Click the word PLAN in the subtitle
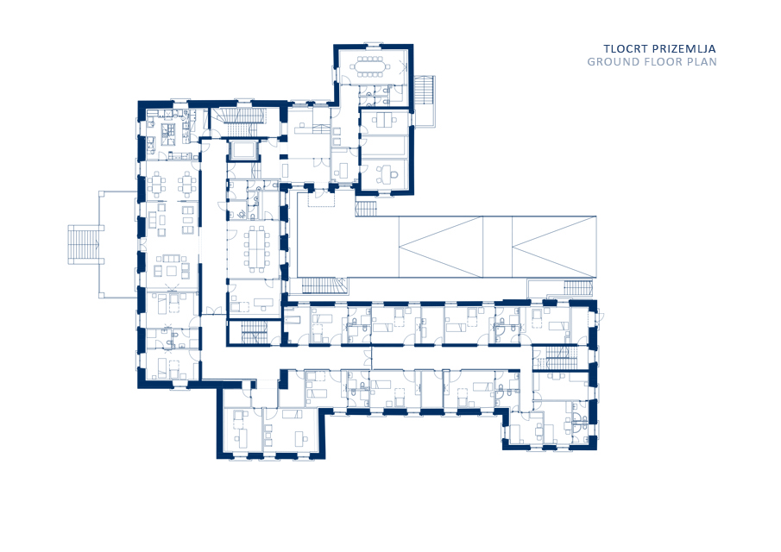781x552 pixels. coord(702,62)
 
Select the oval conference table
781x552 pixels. coord(368,66)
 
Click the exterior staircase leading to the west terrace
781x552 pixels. coord(85,244)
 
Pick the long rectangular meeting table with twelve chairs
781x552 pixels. coord(257,248)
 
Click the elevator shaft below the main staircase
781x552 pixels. coord(243,150)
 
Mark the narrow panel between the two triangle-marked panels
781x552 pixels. coord(497,247)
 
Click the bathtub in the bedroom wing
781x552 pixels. coord(291,317)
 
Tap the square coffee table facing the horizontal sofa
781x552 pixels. coord(172,271)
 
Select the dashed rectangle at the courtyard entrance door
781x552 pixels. coord(321,198)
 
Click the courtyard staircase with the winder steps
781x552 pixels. coord(324,286)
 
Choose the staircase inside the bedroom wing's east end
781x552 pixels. coord(557,358)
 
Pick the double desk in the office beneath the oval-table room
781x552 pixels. coord(384,121)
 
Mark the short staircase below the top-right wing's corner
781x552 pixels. coord(367,208)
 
